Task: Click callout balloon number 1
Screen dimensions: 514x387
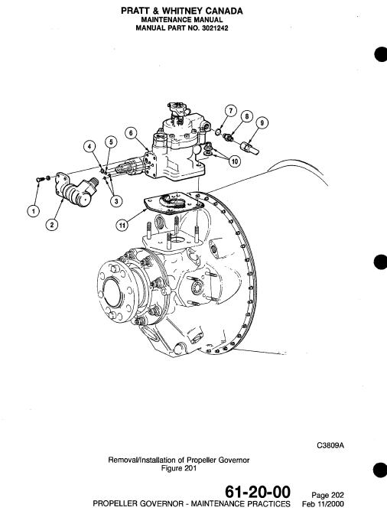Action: (32, 209)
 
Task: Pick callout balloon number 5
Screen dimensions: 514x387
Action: (111, 142)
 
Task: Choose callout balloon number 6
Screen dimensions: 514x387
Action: (132, 132)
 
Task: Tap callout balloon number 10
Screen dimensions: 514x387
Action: (234, 161)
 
